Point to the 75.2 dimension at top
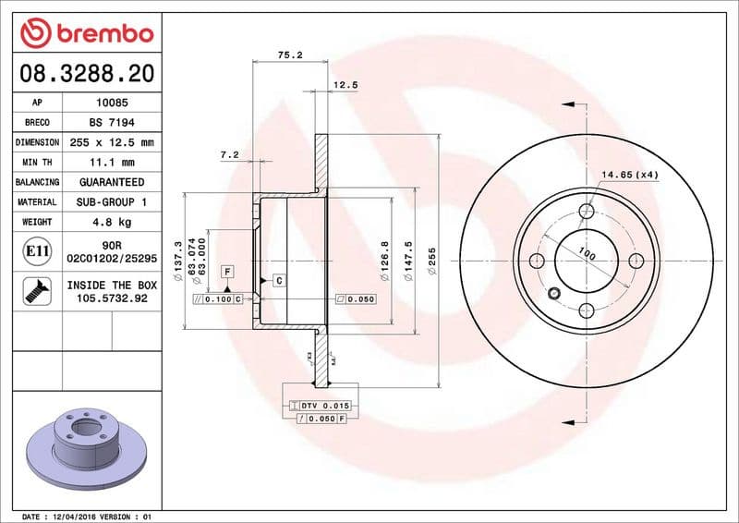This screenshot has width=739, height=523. click(x=290, y=55)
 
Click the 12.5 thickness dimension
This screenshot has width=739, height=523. click(x=345, y=85)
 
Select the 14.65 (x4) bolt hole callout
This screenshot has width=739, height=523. click(x=630, y=175)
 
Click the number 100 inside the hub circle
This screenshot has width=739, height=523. click(x=586, y=252)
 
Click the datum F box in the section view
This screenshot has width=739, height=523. click(x=226, y=272)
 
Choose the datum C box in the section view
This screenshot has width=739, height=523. click(x=277, y=279)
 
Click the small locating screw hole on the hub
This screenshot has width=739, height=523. click(x=553, y=295)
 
